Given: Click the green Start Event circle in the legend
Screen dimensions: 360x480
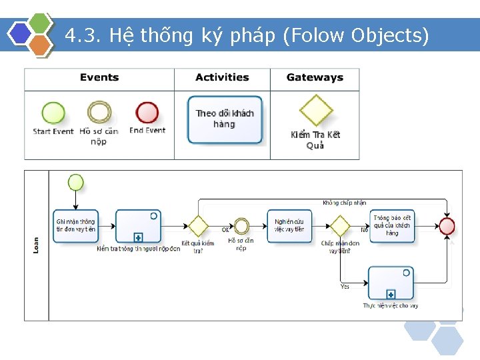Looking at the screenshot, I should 53,113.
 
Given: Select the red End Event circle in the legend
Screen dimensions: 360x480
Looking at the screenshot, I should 147,113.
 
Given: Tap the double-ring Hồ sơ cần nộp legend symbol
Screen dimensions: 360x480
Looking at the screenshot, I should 99,113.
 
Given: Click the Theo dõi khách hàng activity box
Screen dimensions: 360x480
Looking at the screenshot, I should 225,119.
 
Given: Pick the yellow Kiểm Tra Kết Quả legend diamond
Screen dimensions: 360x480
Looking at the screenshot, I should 315,111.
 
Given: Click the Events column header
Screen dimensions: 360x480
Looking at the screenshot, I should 99,77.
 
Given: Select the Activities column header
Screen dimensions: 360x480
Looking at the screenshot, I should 222,77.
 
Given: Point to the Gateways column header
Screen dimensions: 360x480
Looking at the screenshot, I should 315,77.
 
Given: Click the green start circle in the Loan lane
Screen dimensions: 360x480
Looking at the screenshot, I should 76,182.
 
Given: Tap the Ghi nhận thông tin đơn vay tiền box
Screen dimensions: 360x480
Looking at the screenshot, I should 75,226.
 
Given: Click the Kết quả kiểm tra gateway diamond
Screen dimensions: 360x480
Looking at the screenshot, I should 198,226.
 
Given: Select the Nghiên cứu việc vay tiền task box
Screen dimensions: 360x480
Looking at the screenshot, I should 289,226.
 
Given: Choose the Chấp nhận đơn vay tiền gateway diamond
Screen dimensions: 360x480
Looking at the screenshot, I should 340,226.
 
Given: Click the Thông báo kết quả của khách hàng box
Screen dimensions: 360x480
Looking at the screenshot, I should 392,226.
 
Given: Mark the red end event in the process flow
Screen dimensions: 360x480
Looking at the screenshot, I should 447,226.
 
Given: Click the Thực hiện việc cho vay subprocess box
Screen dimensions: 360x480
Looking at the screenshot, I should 391,283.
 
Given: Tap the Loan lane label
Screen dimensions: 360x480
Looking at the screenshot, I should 36,245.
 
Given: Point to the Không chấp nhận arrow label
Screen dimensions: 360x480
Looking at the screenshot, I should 344,203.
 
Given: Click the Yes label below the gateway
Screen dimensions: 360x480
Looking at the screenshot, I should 345,287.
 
